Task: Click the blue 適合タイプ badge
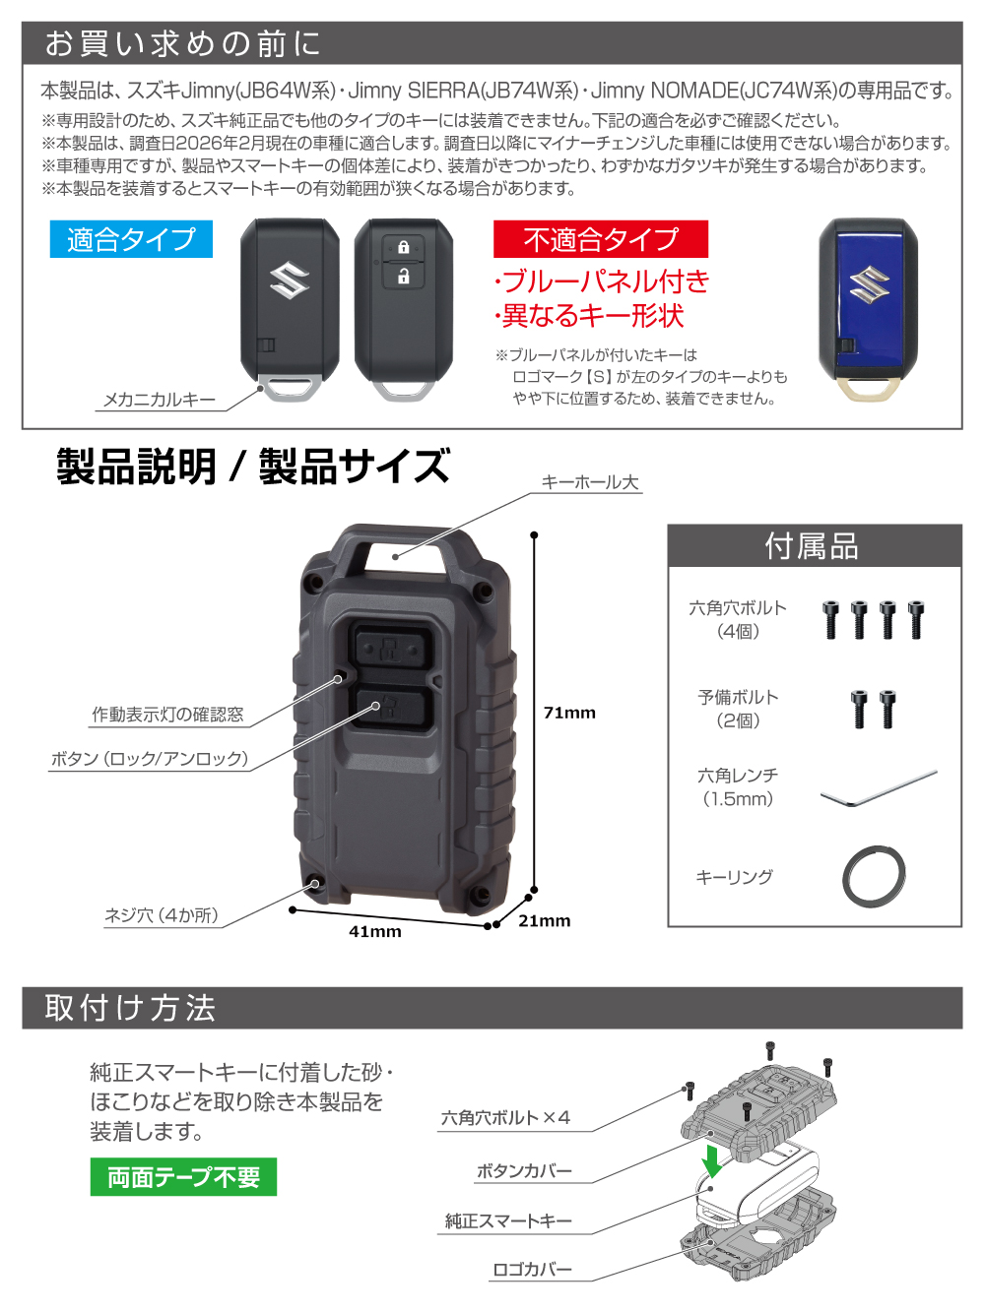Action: pyautogui.click(x=131, y=239)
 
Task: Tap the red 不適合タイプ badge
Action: pyautogui.click(x=601, y=239)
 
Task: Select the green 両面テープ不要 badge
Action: pyautogui.click(x=183, y=1177)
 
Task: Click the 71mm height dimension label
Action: pyautogui.click(x=569, y=713)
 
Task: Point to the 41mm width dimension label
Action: pyautogui.click(x=375, y=931)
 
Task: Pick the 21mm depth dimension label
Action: pyautogui.click(x=545, y=920)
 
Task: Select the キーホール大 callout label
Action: pyautogui.click(x=590, y=482)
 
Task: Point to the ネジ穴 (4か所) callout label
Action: pyautogui.click(x=162, y=915)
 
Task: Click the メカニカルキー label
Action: pyautogui.click(x=160, y=400)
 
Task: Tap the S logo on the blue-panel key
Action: pyautogui.click(x=868, y=283)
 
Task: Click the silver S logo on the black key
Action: pyautogui.click(x=290, y=281)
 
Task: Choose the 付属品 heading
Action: pyautogui.click(x=812, y=546)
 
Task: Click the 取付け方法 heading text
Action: pyautogui.click(x=129, y=1008)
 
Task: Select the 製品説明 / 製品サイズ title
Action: pyautogui.click(x=252, y=467)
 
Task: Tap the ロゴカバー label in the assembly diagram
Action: pyautogui.click(x=532, y=1270)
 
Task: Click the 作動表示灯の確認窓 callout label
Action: pyautogui.click(x=168, y=715)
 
